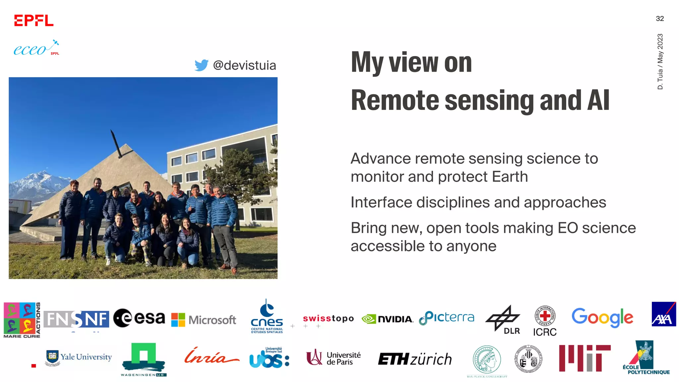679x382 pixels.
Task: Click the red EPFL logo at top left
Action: point(33,21)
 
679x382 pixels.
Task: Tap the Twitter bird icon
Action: point(201,65)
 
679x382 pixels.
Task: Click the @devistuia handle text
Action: point(244,65)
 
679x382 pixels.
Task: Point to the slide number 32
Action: point(659,19)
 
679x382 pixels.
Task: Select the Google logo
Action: point(602,317)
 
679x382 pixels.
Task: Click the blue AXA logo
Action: point(663,314)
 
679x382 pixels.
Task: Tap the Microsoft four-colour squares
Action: point(178,320)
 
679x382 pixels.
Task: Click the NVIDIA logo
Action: point(387,319)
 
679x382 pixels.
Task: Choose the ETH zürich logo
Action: point(415,359)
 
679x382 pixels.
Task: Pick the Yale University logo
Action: point(79,357)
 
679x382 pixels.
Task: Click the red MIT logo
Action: point(585,358)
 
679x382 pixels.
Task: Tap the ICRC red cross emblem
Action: point(545,316)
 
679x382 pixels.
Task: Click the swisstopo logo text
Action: point(328,319)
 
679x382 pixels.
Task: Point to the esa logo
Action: point(139,318)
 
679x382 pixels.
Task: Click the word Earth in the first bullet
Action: point(510,177)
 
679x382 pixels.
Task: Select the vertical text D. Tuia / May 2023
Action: point(660,61)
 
